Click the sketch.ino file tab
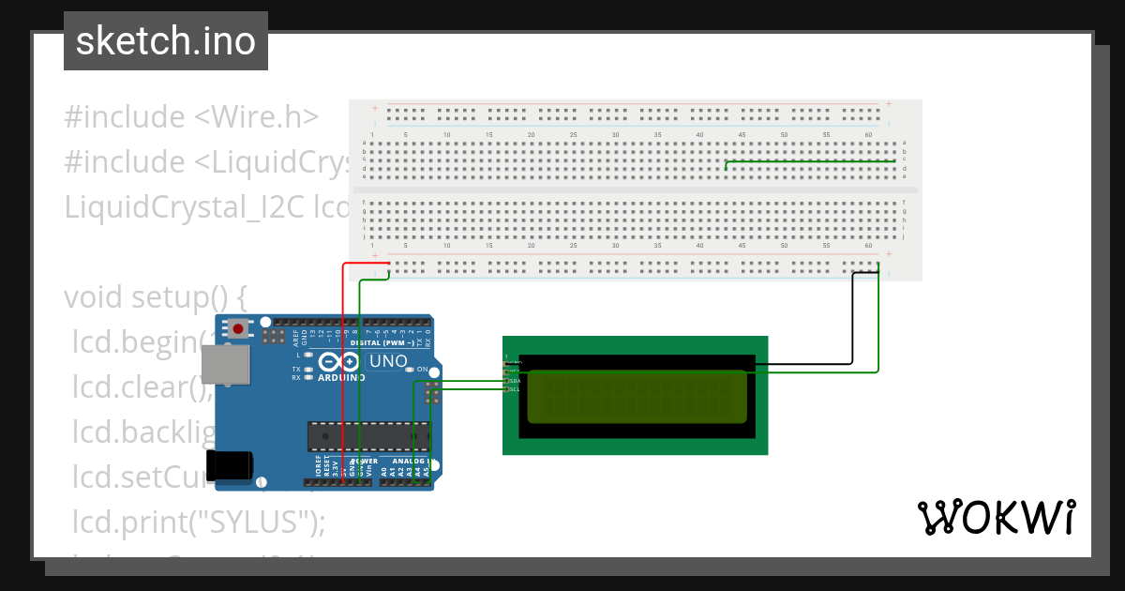166,41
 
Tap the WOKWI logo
996,517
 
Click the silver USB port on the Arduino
226,363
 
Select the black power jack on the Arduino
230,465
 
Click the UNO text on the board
387,361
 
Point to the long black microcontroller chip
368,436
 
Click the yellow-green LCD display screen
637,396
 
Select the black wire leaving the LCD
851,319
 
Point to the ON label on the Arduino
422,370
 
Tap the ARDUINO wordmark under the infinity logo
342,377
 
